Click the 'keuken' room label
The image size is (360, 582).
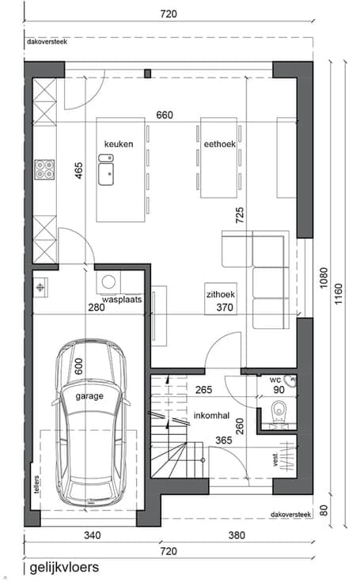[x=119, y=144]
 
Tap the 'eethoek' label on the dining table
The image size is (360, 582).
[x=220, y=144]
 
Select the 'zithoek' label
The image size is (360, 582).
[x=221, y=294]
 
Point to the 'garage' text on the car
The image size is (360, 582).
[x=89, y=396]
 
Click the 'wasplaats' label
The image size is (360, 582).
[x=122, y=299]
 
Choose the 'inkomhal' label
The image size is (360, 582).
[x=211, y=415]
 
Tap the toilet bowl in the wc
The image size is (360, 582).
[x=278, y=411]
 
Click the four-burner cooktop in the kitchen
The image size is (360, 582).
[x=44, y=170]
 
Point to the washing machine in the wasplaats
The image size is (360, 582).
[x=108, y=282]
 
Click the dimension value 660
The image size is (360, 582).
[x=165, y=115]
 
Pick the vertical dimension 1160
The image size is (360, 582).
[x=339, y=294]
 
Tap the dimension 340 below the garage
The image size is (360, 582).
[x=92, y=535]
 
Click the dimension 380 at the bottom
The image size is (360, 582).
[x=237, y=535]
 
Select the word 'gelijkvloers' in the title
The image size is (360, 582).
[x=64, y=567]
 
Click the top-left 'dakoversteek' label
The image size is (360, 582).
[x=47, y=42]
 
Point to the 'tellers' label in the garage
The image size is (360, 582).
[x=36, y=485]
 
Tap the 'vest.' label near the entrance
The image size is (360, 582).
[x=275, y=459]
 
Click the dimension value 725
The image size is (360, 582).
[x=240, y=215]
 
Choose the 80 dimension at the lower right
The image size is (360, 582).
[x=324, y=510]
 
